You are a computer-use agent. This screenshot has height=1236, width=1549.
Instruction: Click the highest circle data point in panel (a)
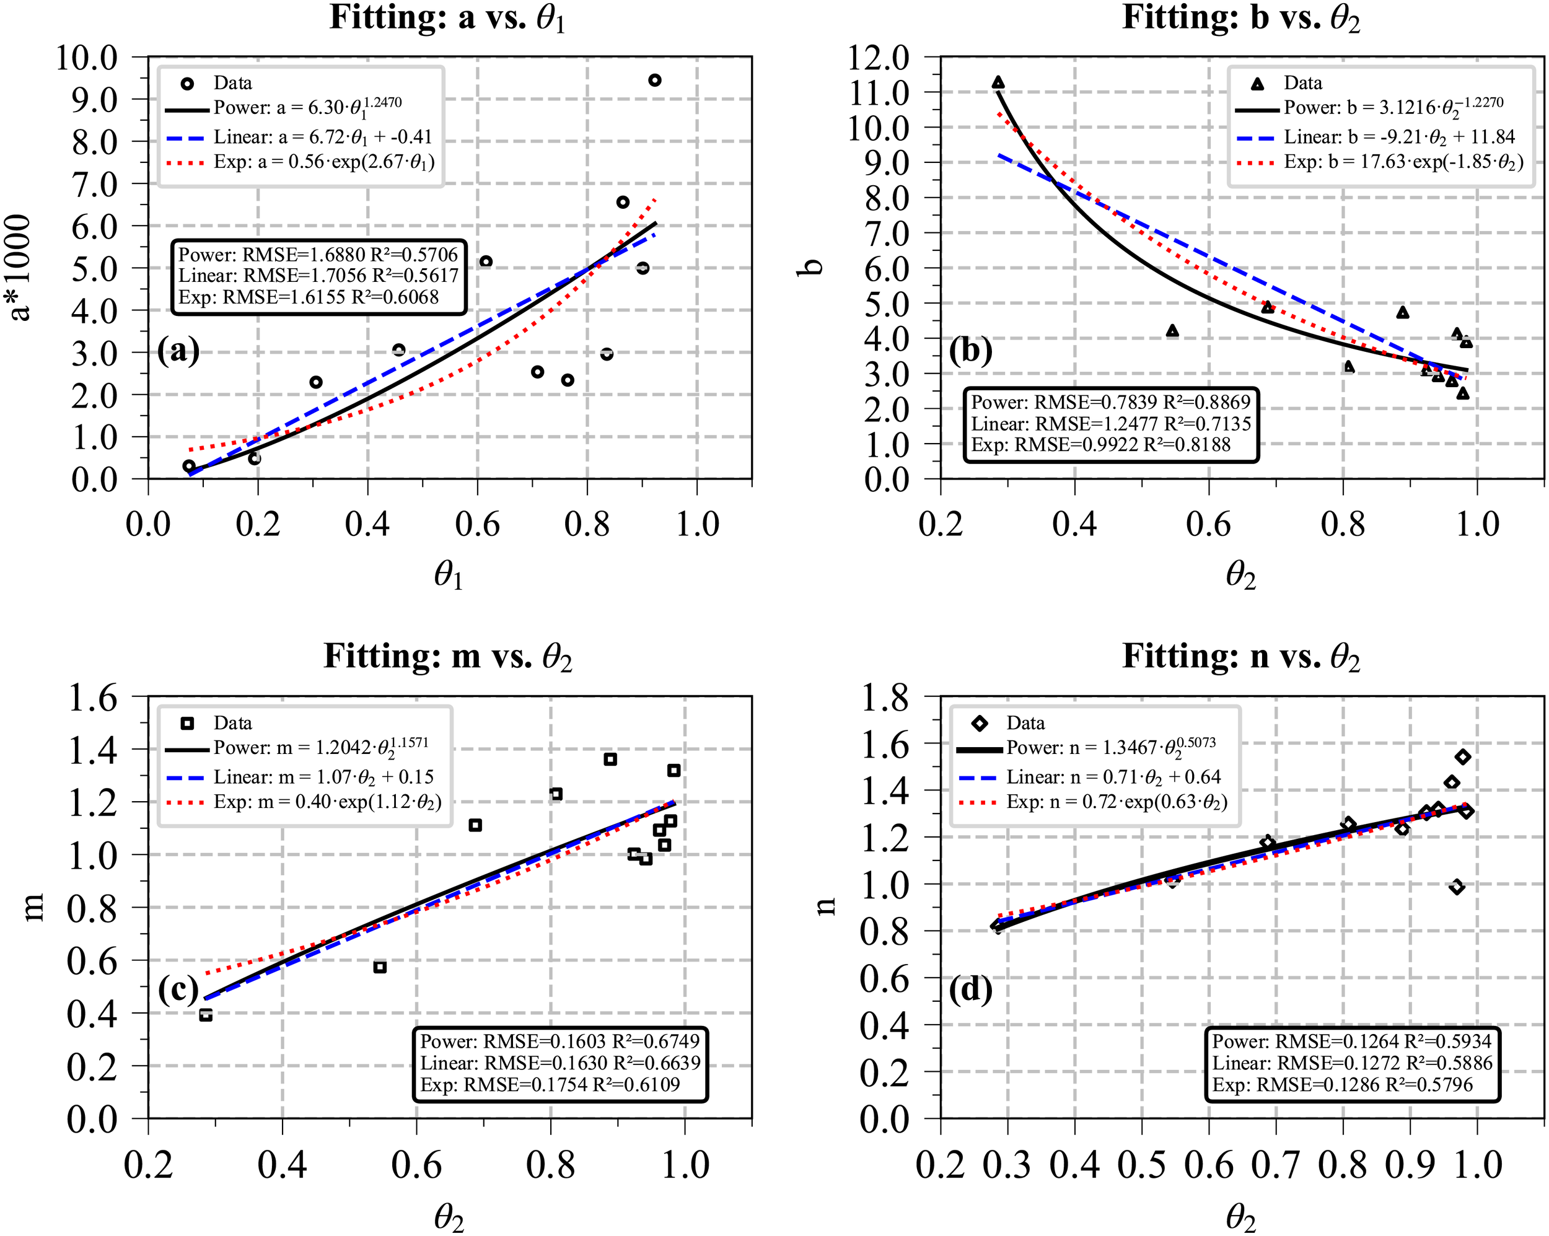[x=654, y=80]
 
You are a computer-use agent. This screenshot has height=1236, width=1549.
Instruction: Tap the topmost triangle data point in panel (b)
[x=998, y=82]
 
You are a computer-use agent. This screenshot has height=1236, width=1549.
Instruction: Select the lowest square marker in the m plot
[x=206, y=1015]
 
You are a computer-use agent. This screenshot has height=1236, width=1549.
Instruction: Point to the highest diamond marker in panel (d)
[x=1463, y=756]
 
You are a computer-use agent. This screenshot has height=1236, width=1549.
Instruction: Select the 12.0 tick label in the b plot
[x=878, y=57]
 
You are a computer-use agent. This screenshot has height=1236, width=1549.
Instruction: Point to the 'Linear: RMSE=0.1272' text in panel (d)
[x=1352, y=1062]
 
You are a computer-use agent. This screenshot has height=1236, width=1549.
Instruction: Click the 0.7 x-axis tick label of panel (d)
[x=1275, y=1166]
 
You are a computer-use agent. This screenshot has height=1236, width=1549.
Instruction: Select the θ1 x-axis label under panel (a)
[x=449, y=575]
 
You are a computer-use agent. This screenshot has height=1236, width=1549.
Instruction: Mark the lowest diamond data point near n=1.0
[x=1456, y=887]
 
